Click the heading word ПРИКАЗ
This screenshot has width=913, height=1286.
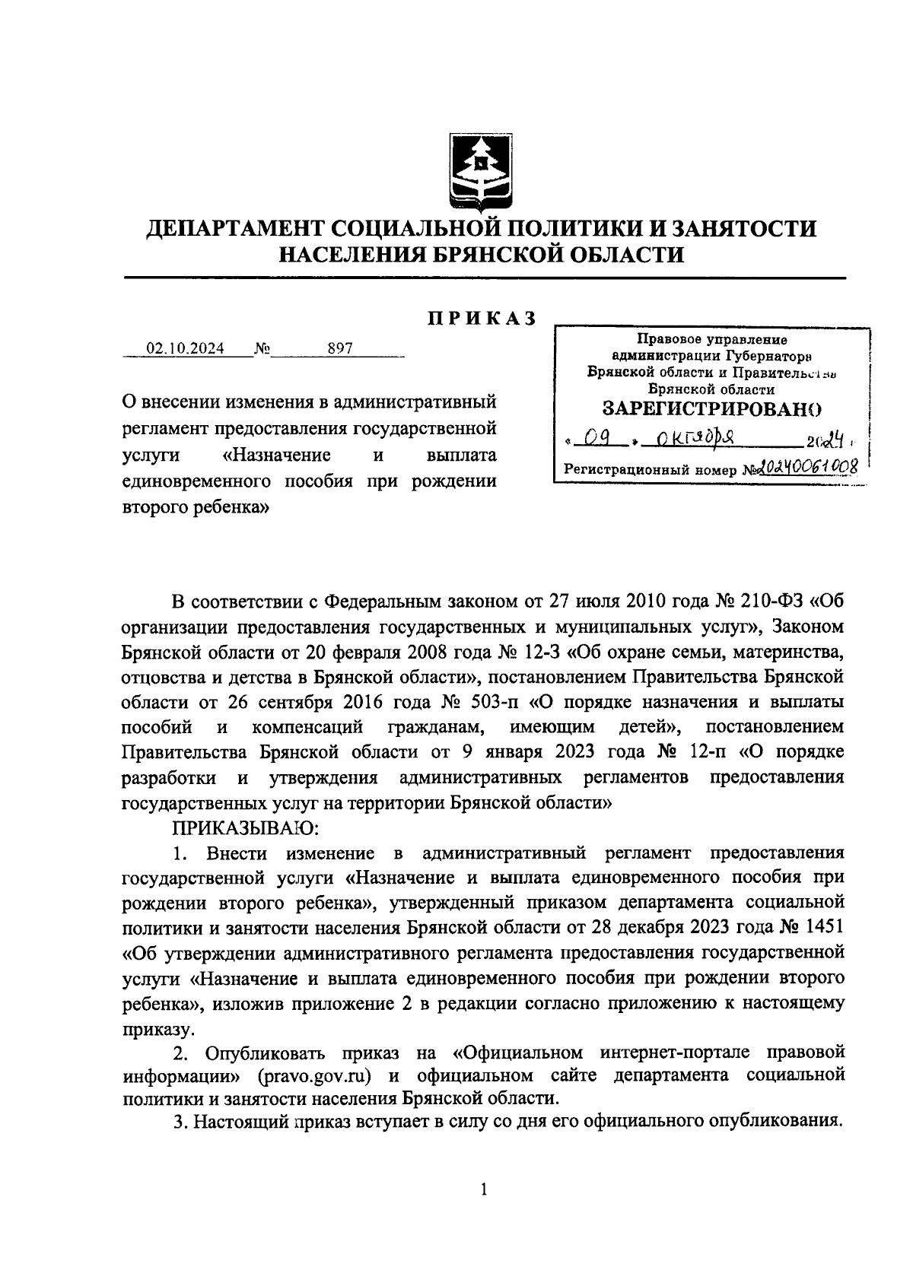pos(481,319)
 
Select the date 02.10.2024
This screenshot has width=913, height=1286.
pos(186,349)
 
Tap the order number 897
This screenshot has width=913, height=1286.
pos(339,349)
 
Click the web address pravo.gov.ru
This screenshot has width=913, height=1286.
pos(318,1077)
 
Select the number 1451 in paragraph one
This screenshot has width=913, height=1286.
pos(822,928)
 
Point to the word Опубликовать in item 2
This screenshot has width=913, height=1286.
pos(266,1053)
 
